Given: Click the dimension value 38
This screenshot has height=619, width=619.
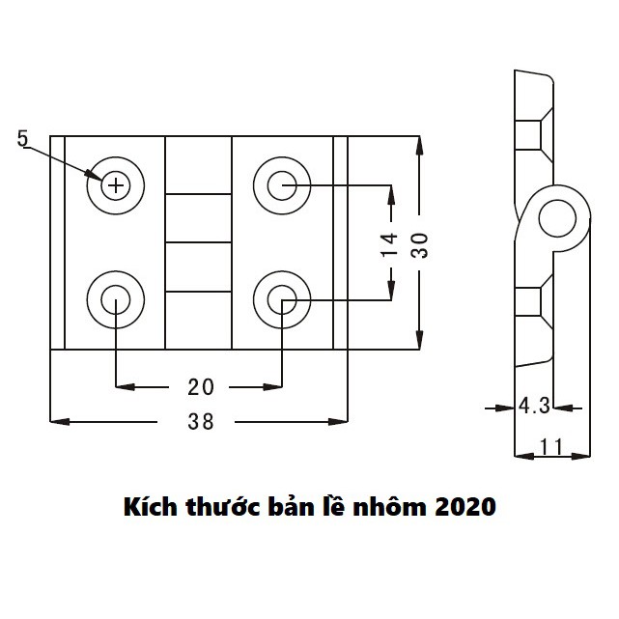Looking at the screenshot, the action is point(201,422).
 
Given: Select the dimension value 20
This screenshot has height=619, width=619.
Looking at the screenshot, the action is point(200,387).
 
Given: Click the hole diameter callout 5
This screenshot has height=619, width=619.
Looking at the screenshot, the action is point(23,139).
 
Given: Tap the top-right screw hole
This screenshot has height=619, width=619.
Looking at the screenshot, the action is point(281,183).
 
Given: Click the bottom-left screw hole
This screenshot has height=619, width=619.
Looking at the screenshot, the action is point(115,301).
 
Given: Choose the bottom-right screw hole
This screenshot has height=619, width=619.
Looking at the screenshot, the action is point(281,301).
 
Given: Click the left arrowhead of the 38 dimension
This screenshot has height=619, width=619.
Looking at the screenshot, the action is point(56,421).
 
